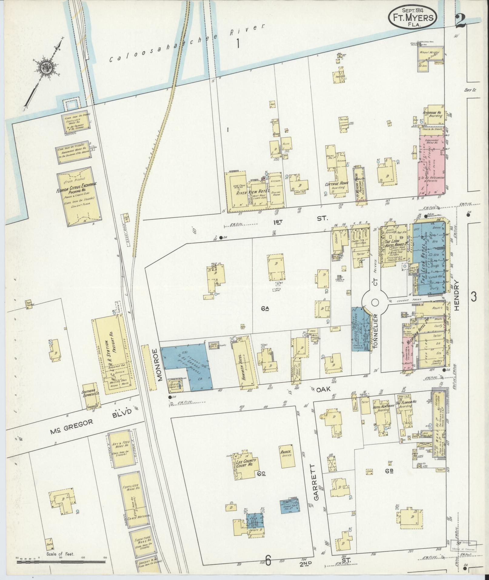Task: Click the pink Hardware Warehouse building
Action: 433,164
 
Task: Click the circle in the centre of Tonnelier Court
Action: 375,303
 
